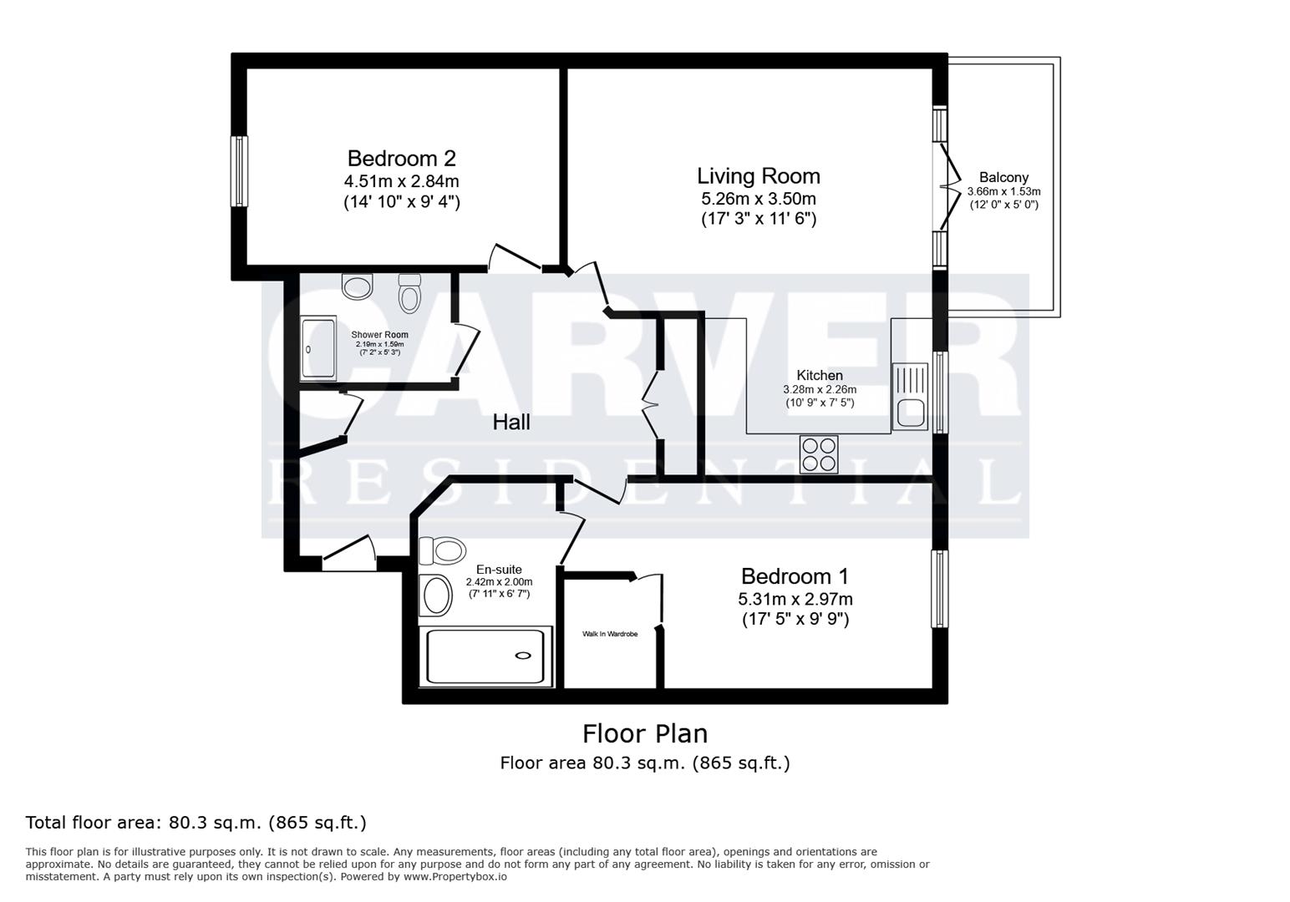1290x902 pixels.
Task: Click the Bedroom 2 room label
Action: click(401, 159)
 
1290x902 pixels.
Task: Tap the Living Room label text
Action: click(759, 176)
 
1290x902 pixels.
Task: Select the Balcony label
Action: click(1003, 177)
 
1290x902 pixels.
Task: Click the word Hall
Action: click(511, 423)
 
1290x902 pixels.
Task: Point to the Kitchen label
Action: click(820, 376)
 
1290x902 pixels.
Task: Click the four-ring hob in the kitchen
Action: click(819, 454)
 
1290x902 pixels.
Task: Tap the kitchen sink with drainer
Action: click(910, 397)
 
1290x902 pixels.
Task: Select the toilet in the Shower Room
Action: click(409, 293)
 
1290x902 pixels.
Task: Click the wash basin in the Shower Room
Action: click(358, 286)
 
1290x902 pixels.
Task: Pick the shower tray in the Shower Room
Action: click(318, 349)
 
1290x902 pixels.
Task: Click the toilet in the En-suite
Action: click(442, 551)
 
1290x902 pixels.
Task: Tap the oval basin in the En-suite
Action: click(436, 595)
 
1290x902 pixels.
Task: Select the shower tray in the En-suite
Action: click(485, 656)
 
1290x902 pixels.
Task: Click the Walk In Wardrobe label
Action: click(610, 634)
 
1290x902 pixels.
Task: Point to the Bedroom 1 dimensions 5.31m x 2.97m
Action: click(795, 599)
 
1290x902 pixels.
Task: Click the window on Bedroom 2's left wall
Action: click(240, 171)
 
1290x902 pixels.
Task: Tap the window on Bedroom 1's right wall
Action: click(940, 589)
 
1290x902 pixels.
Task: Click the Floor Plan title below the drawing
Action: click(645, 733)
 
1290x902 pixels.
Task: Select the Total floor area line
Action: click(196, 823)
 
